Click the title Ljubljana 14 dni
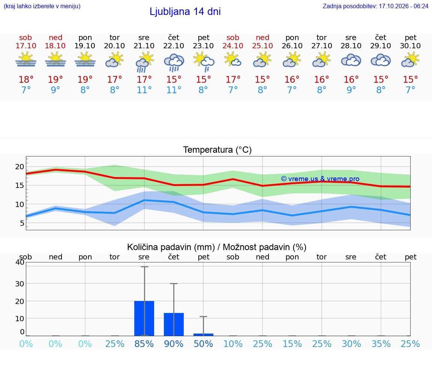click(185, 12)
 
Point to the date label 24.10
click(233, 46)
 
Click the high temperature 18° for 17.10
click(26, 79)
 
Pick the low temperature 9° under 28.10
click(351, 90)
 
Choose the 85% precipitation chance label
click(144, 344)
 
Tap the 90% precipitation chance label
click(174, 344)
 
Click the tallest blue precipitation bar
click(144, 318)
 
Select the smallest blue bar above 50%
click(203, 335)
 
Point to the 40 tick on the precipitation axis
click(20, 262)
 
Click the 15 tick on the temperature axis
click(19, 185)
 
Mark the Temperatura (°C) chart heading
click(217, 150)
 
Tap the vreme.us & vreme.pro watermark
click(320, 179)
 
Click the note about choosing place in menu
click(42, 6)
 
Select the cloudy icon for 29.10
click(381, 60)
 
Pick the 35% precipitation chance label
click(381, 344)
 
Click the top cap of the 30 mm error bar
click(174, 284)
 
